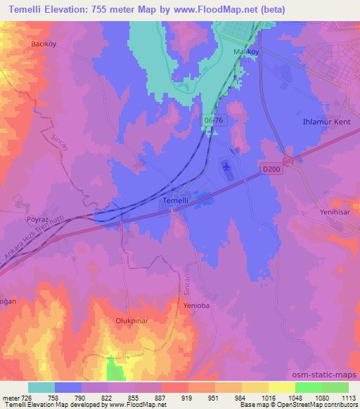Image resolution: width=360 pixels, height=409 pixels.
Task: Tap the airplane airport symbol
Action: point(226,167)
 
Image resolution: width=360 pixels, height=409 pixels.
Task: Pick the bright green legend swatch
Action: point(308,387)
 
